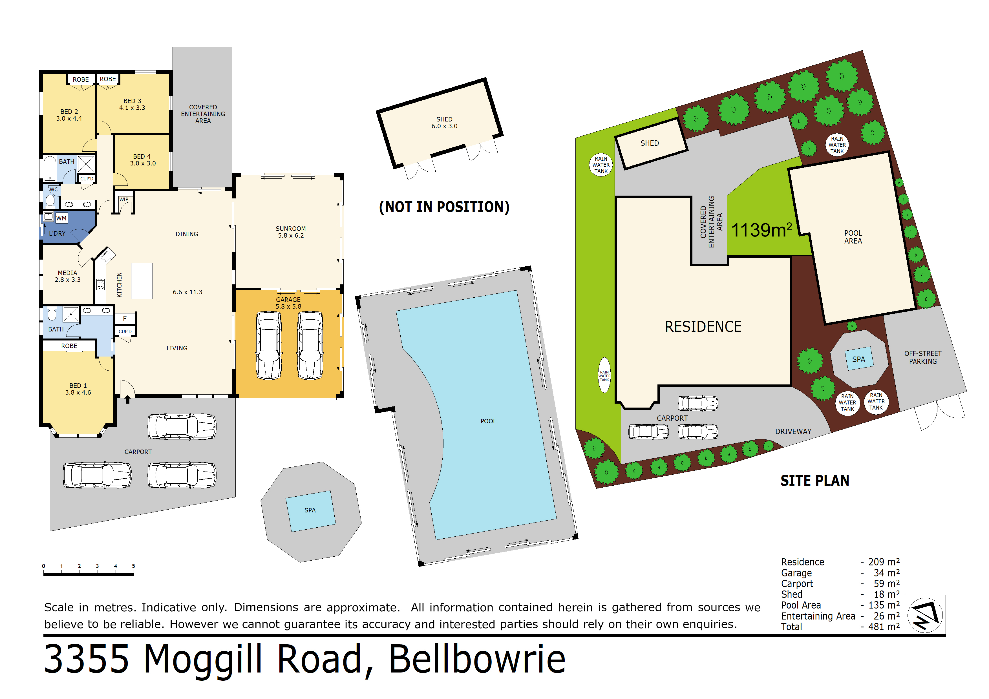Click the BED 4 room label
(x=143, y=160)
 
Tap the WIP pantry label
(x=123, y=199)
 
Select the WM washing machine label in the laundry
(x=61, y=218)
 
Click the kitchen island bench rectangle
(x=142, y=281)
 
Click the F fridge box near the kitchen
(x=125, y=319)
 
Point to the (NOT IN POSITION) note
(x=444, y=207)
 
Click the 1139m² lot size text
(x=761, y=230)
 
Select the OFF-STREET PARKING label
(x=923, y=357)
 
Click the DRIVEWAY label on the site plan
(x=793, y=432)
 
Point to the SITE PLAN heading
(x=814, y=481)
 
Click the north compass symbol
(x=925, y=615)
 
